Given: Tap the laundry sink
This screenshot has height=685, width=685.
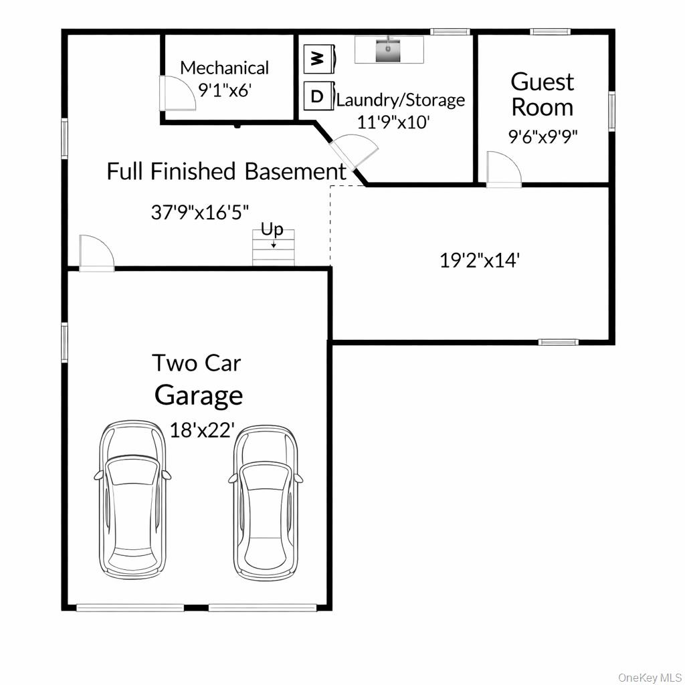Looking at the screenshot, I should pos(389,50).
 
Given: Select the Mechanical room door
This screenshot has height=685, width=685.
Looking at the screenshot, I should pos(176,92).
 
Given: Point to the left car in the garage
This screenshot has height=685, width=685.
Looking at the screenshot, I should pos(132,498).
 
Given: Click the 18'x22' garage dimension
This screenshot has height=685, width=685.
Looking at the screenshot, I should pos(201,429).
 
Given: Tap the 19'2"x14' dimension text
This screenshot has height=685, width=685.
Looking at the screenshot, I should pos(479,260).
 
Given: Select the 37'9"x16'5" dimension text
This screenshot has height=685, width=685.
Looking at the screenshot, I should pos(200,212).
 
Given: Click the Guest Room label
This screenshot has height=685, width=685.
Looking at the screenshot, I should pos(542,94).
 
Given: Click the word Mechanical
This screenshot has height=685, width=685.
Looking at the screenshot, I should pos(224,68).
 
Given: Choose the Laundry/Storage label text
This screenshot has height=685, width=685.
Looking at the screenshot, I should pos(400,100).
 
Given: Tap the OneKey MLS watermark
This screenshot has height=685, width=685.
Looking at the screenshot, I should pos(649,677).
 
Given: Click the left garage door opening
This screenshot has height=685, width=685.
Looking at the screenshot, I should pos(130,607).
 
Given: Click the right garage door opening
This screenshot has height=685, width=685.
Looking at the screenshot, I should pos(262,607).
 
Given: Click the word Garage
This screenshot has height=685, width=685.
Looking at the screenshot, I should pos(199,395).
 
